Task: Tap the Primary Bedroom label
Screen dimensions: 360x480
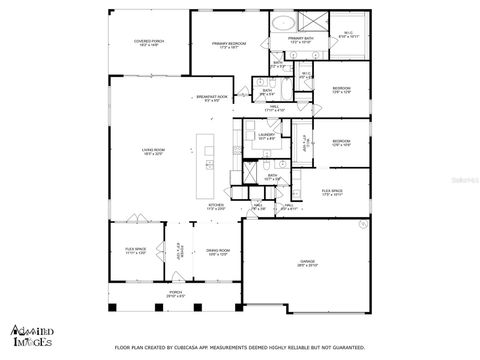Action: (228, 45)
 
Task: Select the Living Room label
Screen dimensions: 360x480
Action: (152, 152)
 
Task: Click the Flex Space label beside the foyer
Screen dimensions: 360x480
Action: (134, 254)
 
